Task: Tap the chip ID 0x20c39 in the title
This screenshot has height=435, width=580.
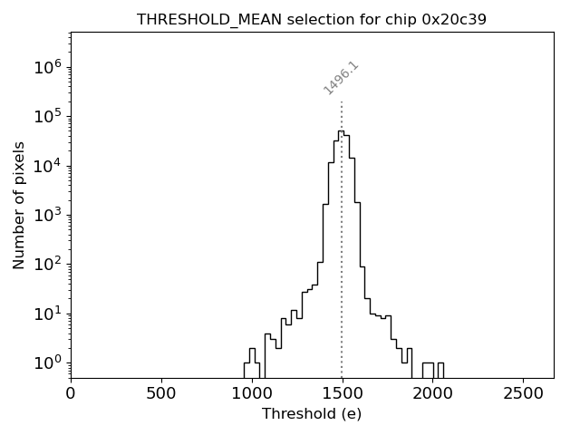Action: pyautogui.click(x=454, y=19)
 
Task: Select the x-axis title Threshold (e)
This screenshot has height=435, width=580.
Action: pyautogui.click(x=312, y=413)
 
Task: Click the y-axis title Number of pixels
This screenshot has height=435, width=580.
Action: pyautogui.click(x=19, y=205)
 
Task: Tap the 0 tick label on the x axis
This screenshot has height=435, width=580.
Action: pyautogui.click(x=71, y=394)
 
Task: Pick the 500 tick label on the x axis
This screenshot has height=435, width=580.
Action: pyautogui.click(x=161, y=394)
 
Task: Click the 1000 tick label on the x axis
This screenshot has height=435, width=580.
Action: pyautogui.click(x=252, y=394)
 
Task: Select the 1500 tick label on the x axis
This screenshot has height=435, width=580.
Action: pyautogui.click(x=342, y=394)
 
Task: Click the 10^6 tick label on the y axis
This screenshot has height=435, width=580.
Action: pyautogui.click(x=47, y=66)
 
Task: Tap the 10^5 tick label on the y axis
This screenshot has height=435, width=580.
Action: pyautogui.click(x=47, y=116)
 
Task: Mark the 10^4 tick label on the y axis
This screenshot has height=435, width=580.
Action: pyautogui.click(x=47, y=165)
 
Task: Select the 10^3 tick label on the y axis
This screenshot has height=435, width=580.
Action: pyautogui.click(x=47, y=215)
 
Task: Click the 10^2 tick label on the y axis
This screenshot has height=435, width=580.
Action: pyautogui.click(x=47, y=264)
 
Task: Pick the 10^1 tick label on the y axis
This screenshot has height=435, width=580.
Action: pyautogui.click(x=47, y=314)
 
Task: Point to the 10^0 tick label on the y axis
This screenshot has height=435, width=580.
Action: pyautogui.click(x=47, y=362)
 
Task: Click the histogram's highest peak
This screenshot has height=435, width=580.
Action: pyautogui.click(x=340, y=131)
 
